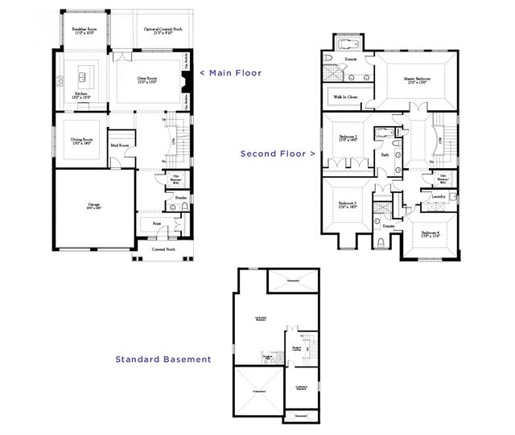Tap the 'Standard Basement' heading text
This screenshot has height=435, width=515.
[163, 359]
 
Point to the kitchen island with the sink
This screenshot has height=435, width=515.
[81, 78]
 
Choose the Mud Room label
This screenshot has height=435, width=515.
[119, 146]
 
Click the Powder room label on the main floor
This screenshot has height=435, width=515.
[181, 198]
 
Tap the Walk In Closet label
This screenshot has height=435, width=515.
[346, 97]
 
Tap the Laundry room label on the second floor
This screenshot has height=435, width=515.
[439, 196]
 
